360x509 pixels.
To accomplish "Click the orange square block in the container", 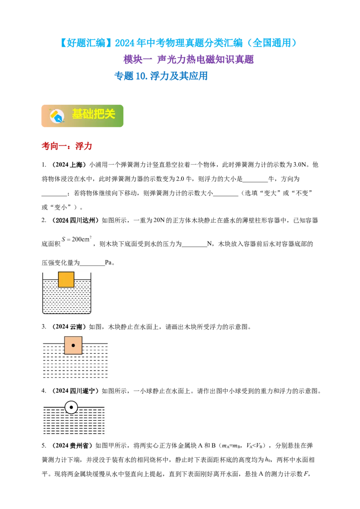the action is click(66, 280).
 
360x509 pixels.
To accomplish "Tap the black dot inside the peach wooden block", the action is click(73, 345).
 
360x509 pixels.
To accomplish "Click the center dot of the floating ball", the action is click(71, 407).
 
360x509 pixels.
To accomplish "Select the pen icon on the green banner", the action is click(57, 116).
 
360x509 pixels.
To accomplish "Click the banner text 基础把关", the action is click(94, 114).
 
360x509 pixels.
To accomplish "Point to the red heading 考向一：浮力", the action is click(67, 146).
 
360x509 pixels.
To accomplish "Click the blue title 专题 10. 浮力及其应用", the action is click(161, 76).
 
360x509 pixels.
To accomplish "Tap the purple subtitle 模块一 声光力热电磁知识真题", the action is click(189, 59).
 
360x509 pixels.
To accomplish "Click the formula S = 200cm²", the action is click(76, 239).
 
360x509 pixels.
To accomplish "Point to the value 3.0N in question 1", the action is click(300, 165).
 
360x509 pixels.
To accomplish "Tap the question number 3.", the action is click(44, 327).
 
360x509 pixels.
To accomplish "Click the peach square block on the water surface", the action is click(73, 345).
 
